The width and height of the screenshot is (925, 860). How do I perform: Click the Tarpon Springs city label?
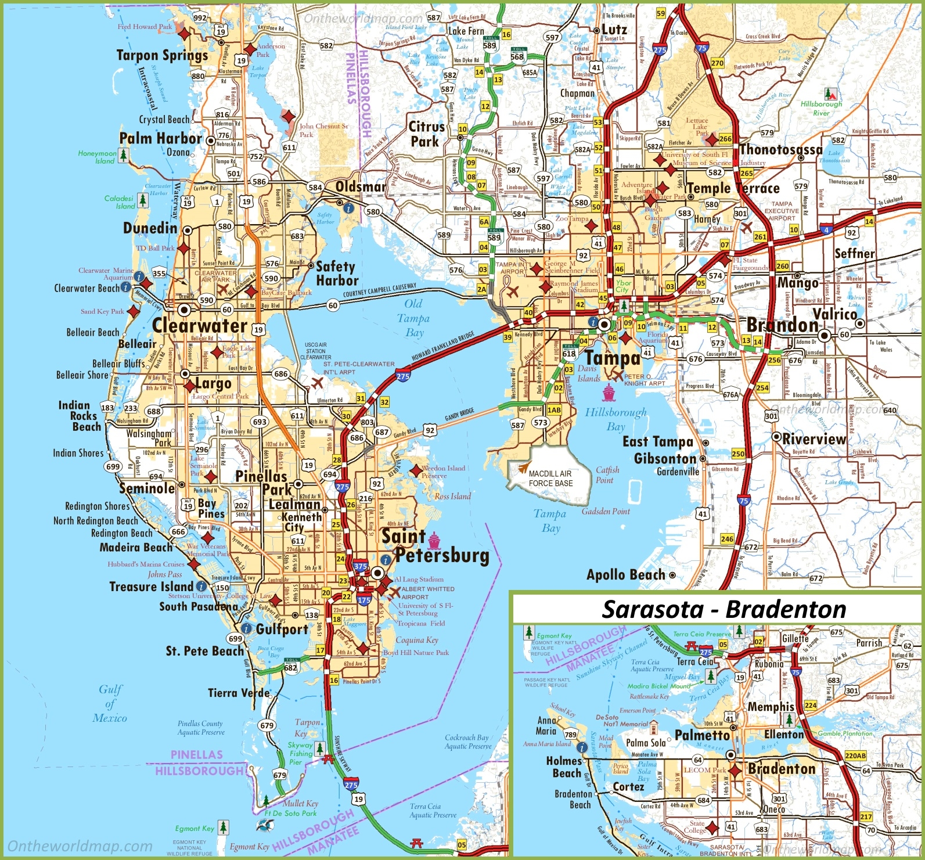coord(162,55)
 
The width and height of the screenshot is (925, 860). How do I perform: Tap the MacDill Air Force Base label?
coord(550,478)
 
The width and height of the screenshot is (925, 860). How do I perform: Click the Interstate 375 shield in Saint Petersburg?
coord(361,566)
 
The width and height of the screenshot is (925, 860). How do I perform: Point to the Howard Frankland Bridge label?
coord(443,347)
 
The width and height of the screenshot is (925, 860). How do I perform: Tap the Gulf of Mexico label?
coord(110,703)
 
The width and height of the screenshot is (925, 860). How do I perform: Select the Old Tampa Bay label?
coord(414,318)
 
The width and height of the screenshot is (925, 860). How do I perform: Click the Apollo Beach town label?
coord(625,575)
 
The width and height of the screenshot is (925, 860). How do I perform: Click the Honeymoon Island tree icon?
coord(123,155)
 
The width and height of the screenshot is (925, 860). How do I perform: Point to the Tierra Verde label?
coord(239,693)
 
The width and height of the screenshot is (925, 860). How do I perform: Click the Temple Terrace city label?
coord(733,188)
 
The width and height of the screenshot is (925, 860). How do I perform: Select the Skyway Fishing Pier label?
coord(300,753)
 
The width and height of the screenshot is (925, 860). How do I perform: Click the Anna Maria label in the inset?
coord(546,725)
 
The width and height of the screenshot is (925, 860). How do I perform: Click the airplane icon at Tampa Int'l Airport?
coord(512,292)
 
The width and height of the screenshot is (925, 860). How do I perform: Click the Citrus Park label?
coord(426,134)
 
